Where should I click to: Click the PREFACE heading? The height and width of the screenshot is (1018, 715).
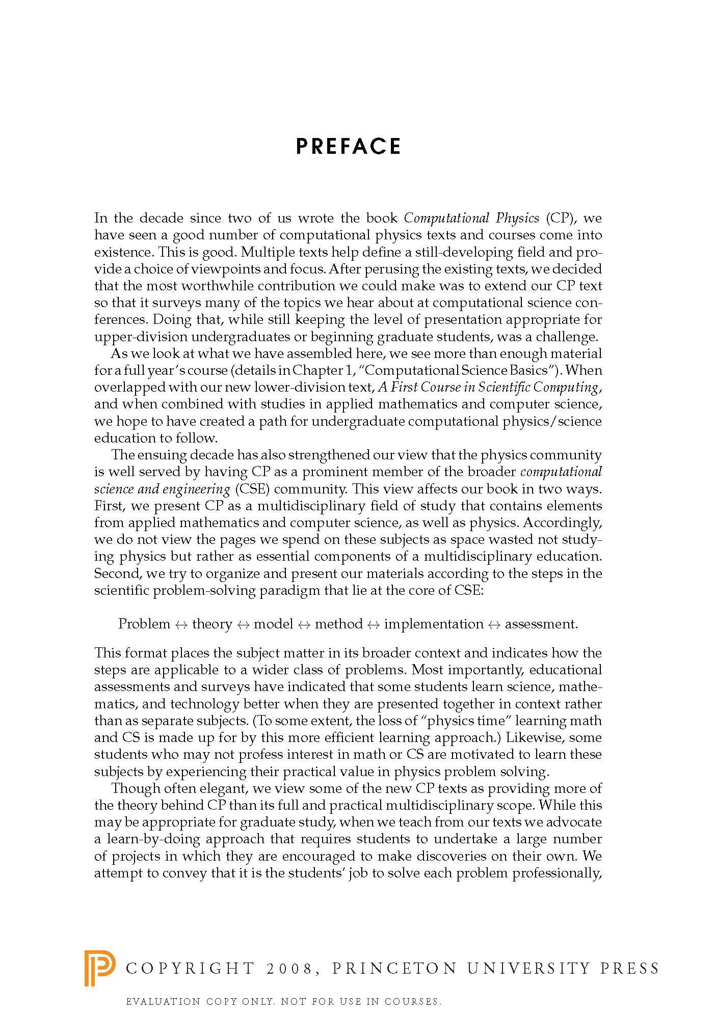[348, 147]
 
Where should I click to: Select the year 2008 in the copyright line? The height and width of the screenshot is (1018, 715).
[288, 969]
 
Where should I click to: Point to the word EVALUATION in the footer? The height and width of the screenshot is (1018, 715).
[163, 1002]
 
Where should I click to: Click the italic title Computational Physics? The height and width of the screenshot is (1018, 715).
[471, 218]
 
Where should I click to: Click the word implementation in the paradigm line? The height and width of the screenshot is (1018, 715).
[434, 624]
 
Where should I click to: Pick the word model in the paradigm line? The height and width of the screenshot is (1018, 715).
[274, 624]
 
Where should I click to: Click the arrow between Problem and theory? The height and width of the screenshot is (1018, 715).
[181, 624]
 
